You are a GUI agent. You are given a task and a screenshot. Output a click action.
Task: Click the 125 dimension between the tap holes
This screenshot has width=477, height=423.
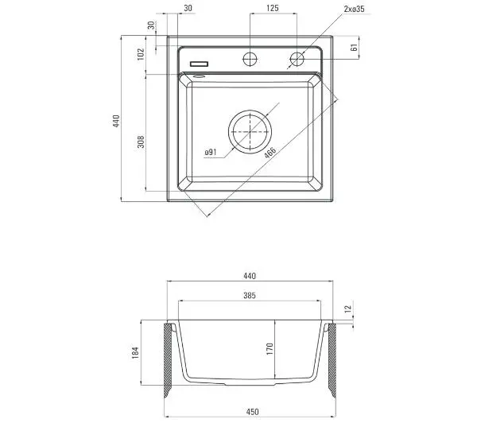(272, 8)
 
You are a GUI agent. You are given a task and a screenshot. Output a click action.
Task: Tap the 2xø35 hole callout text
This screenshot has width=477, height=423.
(354, 9)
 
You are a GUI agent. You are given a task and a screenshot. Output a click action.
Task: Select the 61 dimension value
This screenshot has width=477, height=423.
(354, 48)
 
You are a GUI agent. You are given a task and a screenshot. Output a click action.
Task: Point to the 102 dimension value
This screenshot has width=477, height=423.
(141, 54)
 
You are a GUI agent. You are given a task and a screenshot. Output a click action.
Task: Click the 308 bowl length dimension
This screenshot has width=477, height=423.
(141, 142)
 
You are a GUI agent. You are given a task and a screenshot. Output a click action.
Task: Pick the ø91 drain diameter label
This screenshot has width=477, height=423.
(211, 152)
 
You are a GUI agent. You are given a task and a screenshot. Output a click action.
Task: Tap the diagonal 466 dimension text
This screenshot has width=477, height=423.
(270, 153)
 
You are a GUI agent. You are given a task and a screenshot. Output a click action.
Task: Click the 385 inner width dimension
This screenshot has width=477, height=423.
(250, 295)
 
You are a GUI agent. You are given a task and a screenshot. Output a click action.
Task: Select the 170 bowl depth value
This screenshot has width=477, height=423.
(270, 349)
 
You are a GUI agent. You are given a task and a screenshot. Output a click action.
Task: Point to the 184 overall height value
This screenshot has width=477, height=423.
(135, 352)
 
